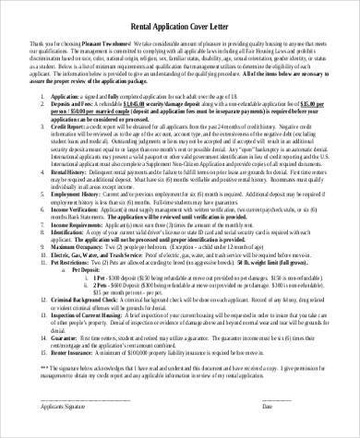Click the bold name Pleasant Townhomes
point(106,44)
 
